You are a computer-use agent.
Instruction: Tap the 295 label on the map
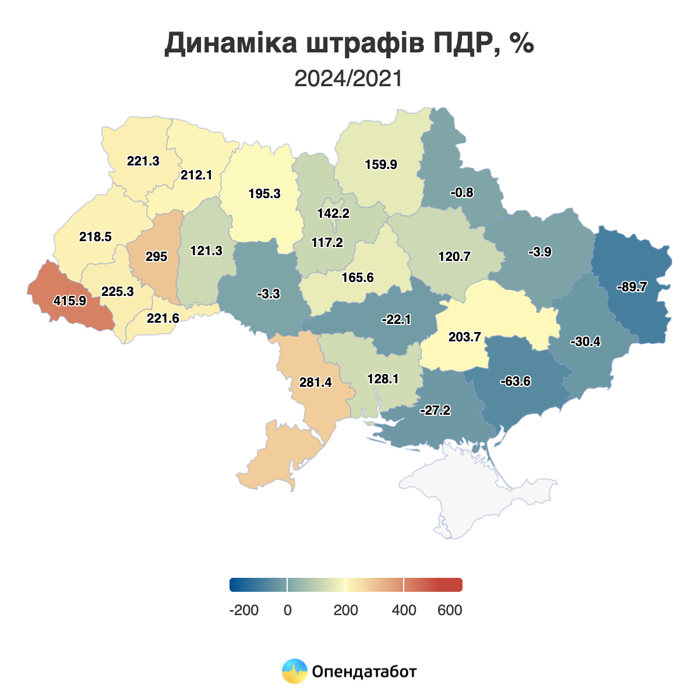coord(156,257)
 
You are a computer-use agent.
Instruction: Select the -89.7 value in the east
coord(631,287)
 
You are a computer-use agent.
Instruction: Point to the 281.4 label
coord(315,383)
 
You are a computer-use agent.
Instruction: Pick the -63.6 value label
coord(516,382)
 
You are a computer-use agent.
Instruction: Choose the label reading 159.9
coord(381,165)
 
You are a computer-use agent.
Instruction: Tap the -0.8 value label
coord(462,193)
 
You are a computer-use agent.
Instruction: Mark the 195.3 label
coord(264,194)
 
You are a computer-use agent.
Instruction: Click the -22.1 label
coord(396,320)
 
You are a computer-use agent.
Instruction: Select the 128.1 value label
coord(383,379)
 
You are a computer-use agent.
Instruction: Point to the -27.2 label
coord(435,411)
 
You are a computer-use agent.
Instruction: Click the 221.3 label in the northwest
coord(143,161)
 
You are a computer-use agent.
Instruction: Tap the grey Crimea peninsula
coord(478,489)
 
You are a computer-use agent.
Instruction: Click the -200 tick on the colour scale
coord(244,610)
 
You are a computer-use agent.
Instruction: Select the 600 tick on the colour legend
coord(450,610)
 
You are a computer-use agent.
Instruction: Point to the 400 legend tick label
coord(404,610)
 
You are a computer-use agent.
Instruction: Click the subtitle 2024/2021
coord(348,79)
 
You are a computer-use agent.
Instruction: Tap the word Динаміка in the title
coord(231,44)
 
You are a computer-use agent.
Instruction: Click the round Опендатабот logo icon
coord(294,671)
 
